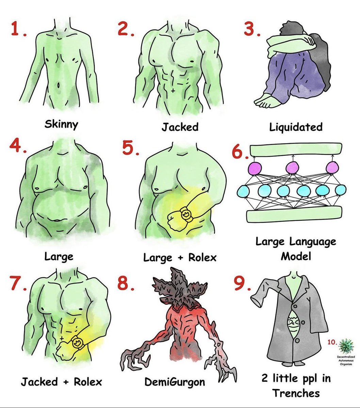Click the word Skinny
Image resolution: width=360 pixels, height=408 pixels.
pos(61,124)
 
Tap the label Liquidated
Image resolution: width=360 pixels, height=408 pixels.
pos(296,127)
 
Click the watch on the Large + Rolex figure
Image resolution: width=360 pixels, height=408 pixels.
pos(185,214)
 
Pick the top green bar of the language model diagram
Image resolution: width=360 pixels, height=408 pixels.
pos(296,149)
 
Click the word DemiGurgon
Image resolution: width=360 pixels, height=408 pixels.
pos(175,382)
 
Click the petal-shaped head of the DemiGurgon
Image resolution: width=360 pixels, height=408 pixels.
pos(179,286)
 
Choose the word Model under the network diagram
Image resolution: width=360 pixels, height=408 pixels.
pos(296,256)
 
